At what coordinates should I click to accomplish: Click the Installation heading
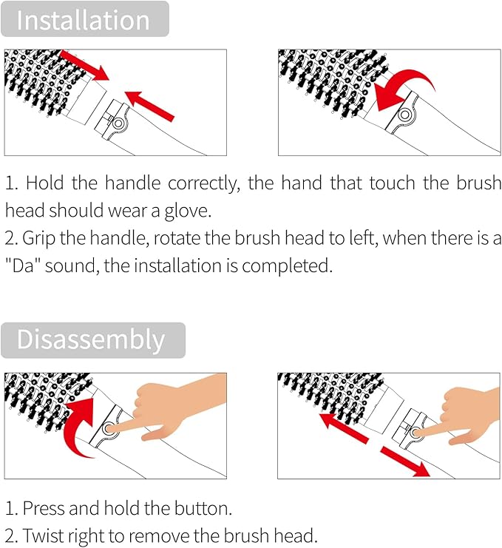[84, 20]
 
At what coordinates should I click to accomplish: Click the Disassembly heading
[91, 339]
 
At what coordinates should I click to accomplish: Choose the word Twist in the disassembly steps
[43, 536]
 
